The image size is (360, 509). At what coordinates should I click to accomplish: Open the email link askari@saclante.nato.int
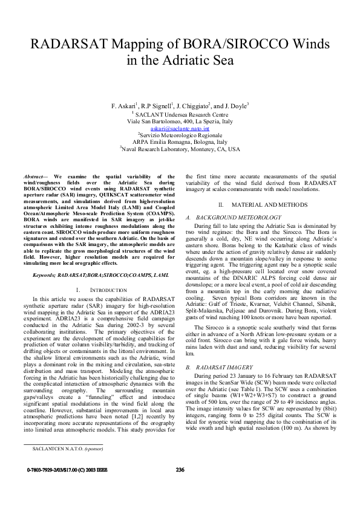pyautogui.click(x=180, y=129)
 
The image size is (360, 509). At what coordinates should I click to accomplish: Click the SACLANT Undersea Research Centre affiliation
pyautogui.click(x=180, y=114)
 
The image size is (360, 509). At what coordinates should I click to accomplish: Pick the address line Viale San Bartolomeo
pyautogui.click(x=180, y=121)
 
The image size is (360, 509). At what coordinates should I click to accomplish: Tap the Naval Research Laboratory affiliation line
pyautogui.click(x=180, y=149)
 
